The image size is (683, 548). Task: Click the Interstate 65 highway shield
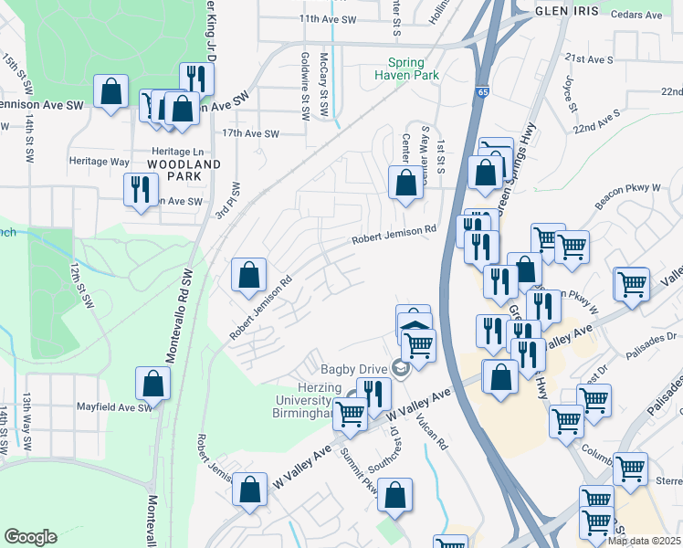(481, 92)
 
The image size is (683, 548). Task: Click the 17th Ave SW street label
(251, 133)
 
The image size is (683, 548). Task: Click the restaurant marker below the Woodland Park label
(140, 190)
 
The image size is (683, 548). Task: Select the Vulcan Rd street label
(433, 432)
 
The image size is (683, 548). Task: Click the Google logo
(30, 537)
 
